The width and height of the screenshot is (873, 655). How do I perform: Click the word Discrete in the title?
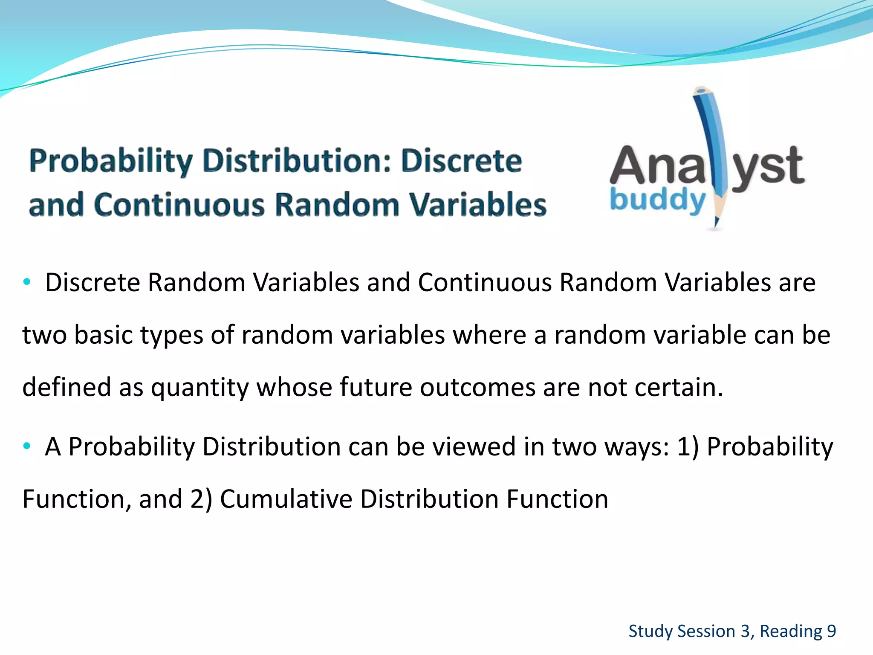pos(461,161)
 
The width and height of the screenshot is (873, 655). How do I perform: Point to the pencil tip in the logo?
pos(716,223)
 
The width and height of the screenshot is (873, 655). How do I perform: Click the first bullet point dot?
pos(27,281)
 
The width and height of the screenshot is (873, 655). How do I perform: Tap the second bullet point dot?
pos(27,446)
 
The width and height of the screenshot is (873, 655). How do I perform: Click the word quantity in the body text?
pos(199,387)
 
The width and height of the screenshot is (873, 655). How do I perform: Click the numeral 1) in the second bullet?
pos(688,446)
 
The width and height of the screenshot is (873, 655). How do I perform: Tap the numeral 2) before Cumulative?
pos(201,499)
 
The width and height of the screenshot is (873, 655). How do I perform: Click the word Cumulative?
pos(286,499)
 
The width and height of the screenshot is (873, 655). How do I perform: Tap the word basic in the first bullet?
pos(104,335)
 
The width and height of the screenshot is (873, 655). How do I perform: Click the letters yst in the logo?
pos(767,166)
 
